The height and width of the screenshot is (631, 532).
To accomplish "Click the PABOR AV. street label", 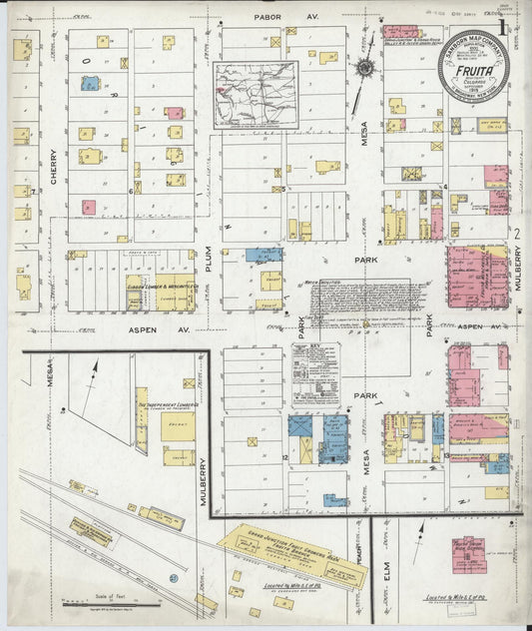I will click(271, 17).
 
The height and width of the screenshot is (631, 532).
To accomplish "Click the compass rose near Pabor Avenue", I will click(364, 68).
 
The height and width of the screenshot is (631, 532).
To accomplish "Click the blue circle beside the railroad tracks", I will click(173, 576).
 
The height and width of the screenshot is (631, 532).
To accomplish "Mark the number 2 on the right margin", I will click(518, 234).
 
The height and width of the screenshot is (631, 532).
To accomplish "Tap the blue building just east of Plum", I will click(263, 255).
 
